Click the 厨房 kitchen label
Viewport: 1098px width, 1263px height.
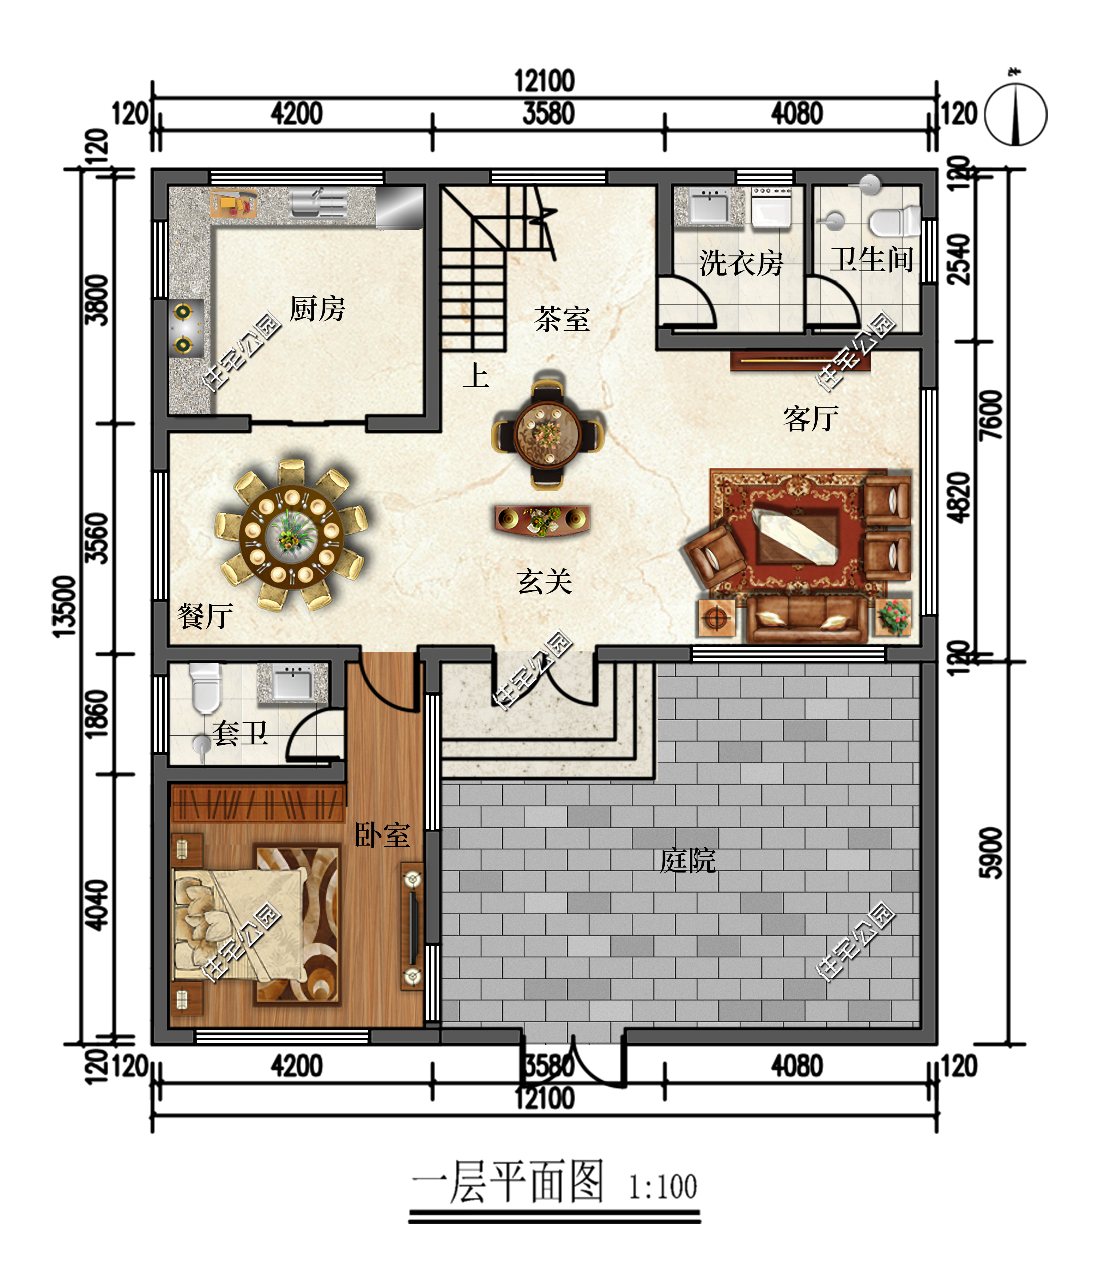click(x=317, y=308)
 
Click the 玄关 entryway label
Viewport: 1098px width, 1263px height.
click(x=544, y=581)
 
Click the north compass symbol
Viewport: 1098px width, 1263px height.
click(x=1016, y=112)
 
